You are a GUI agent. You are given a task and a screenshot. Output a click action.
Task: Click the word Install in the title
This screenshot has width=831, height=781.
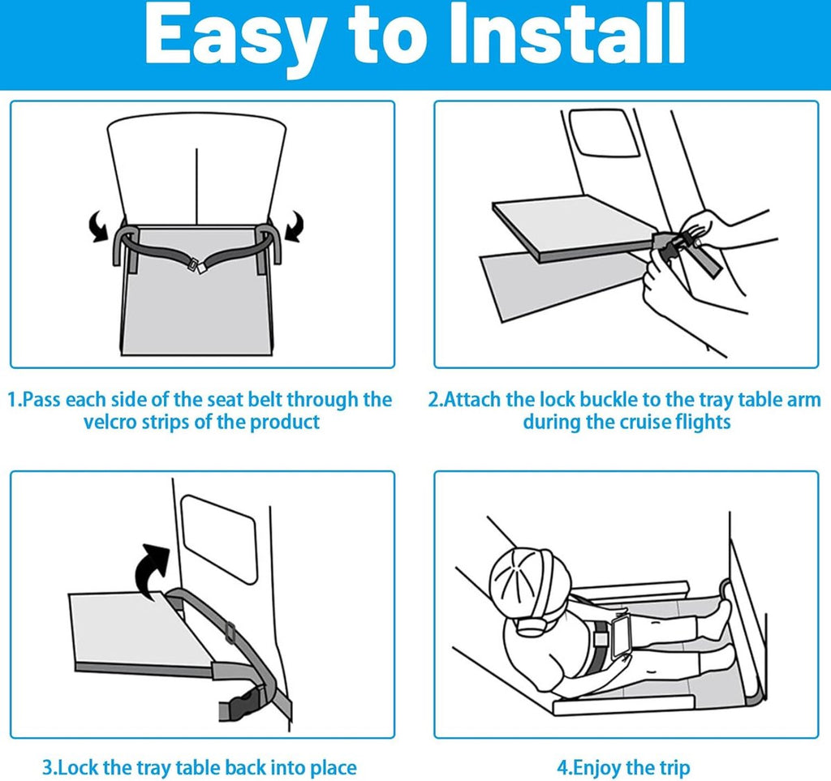(567, 34)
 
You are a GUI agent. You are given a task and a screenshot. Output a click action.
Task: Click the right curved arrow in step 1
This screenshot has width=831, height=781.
(294, 226)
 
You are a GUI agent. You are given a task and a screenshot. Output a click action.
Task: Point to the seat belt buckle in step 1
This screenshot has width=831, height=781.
(196, 264)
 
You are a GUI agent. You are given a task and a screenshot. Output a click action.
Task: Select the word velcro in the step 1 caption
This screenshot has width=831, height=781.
(110, 422)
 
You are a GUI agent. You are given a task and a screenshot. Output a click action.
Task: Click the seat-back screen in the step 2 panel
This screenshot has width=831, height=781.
(603, 133)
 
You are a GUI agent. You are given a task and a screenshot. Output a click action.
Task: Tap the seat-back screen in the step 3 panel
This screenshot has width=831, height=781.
(219, 539)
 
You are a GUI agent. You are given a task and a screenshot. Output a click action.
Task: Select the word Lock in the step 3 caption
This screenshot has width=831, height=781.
(78, 767)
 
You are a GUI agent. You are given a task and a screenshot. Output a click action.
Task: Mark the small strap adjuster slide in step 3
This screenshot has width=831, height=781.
(230, 633)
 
